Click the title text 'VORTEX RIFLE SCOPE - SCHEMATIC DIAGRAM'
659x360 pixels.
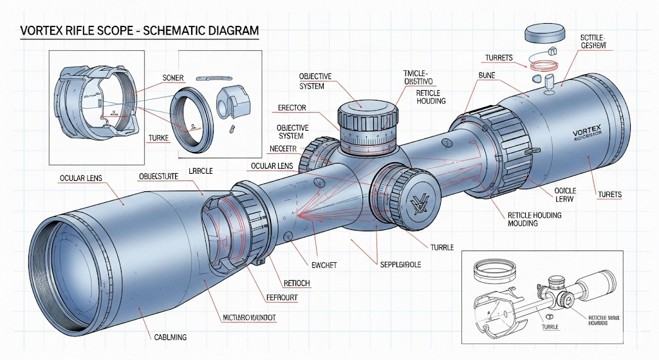click(x=140, y=30)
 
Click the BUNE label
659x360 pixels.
click(x=487, y=76)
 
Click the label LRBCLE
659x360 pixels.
click(x=201, y=171)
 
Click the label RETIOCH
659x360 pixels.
click(x=297, y=283)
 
